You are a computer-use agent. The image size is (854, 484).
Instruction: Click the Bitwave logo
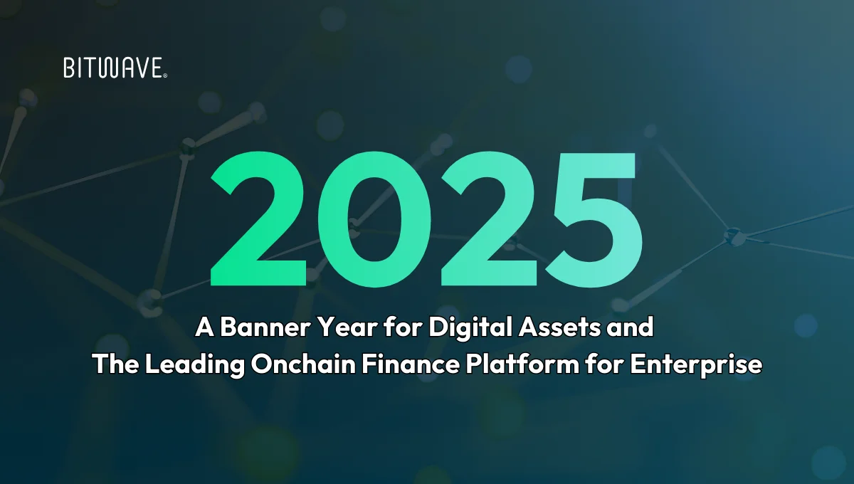pos(114,68)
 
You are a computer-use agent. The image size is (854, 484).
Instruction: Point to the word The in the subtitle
pos(115,364)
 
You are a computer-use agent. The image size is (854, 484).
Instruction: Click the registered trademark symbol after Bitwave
pos(165,74)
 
